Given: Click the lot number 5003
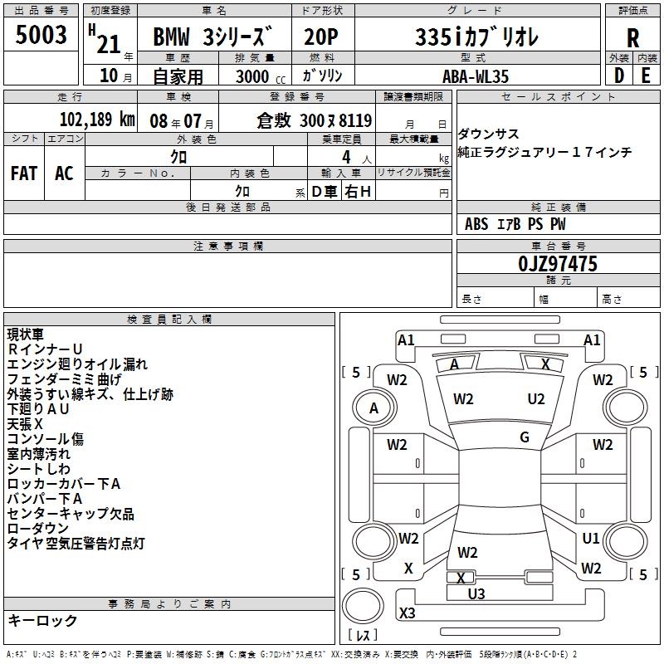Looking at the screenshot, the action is coord(41,35).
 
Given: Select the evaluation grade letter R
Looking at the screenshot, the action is coord(632,38).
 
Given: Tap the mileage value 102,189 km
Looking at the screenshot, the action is coord(97,120).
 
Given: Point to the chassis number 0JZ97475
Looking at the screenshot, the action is coord(558,264).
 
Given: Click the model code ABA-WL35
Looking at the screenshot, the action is coord(476,76).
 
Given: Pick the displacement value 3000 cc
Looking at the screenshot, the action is coord(261,76).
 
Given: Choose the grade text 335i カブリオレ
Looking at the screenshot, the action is coord(476,37).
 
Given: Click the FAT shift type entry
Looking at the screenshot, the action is coord(24,173).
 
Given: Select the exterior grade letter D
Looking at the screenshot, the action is coord(618,76).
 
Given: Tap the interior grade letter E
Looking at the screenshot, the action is coord(646,76).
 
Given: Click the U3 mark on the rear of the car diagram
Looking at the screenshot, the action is coord(476,594).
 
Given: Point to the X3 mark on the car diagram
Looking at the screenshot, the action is coord(407,613).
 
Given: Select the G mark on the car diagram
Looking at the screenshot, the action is coord(525,437).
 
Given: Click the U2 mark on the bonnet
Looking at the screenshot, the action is coord(535,399).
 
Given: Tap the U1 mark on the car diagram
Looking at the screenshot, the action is coord(591,538).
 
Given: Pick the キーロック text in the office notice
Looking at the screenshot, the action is coord(43,620).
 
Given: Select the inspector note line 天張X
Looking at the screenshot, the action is coord(25,424).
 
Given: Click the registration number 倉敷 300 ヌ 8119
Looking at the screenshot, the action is coord(315,120).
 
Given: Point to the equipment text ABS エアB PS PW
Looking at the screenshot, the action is coord(515,224).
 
